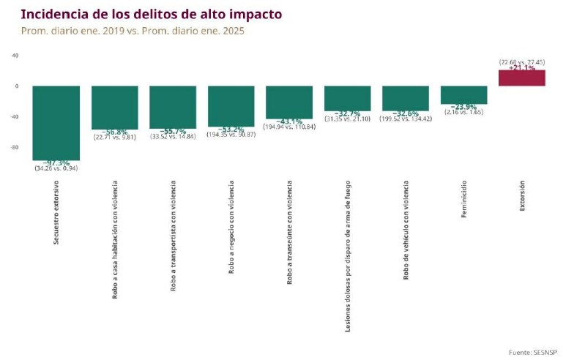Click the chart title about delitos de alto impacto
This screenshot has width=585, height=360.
point(151,14)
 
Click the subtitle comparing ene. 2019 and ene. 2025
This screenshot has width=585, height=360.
point(132,31)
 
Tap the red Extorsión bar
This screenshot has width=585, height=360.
point(521,78)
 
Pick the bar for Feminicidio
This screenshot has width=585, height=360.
point(463,94)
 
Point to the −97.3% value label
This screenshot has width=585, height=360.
point(56,162)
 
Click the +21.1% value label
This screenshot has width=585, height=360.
point(521,68)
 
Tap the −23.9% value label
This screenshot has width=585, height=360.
point(463,107)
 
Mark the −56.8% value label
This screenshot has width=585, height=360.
point(114,132)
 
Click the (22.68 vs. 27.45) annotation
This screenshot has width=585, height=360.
point(521,62)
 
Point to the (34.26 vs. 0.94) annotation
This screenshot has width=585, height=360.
point(56,168)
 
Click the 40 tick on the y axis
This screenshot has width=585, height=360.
point(15,56)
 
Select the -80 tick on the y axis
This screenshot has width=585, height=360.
point(14,148)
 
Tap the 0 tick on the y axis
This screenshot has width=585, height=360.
point(16,86)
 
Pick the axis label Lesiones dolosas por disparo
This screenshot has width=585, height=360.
point(347,256)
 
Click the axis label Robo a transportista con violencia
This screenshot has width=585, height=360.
point(173,236)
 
